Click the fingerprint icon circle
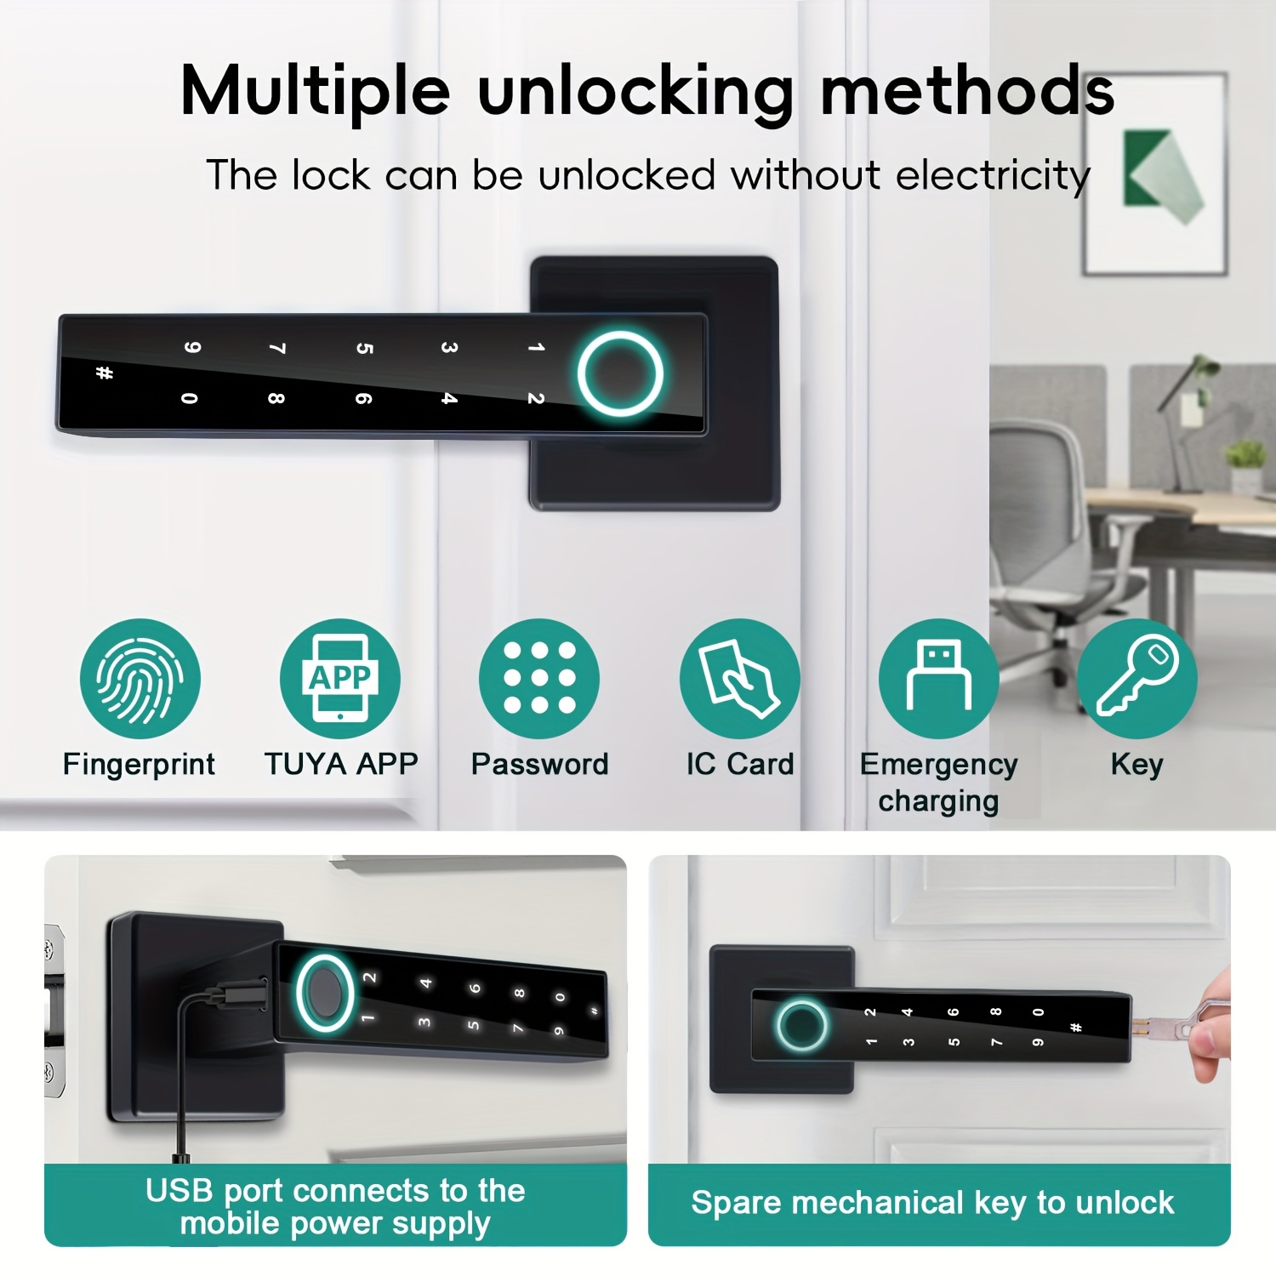click(140, 679)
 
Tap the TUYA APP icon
click(340, 679)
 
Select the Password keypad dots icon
click(539, 679)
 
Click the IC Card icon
click(739, 679)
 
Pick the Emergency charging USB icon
click(938, 679)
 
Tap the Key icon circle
click(1137, 679)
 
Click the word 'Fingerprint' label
click(139, 765)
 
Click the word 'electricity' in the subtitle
click(993, 175)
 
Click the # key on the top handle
click(105, 373)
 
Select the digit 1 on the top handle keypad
click(535, 347)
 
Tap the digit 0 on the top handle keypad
click(190, 397)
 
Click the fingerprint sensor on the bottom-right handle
click(801, 1025)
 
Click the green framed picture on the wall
click(1155, 174)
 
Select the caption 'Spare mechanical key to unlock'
click(932, 1203)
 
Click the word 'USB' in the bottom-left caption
click(179, 1190)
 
